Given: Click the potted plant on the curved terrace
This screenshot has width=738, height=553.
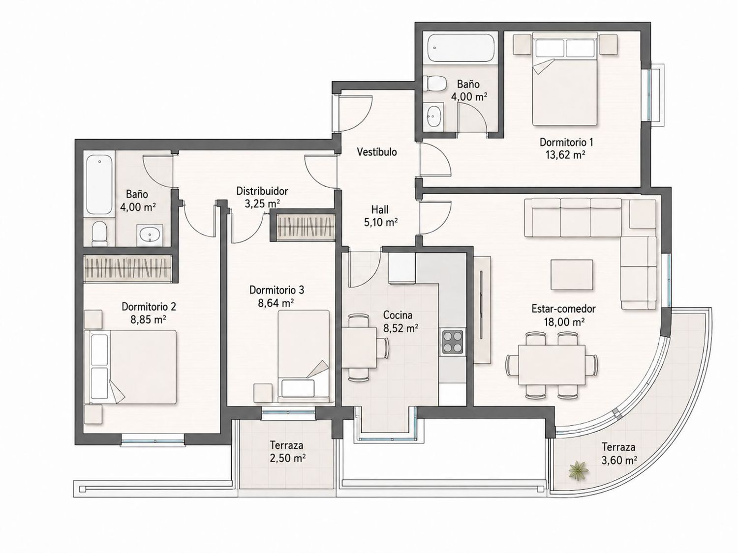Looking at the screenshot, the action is [x=578, y=471].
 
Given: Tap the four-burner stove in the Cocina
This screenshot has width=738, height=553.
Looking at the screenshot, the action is [x=453, y=342].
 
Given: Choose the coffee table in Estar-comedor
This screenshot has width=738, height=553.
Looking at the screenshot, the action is [x=572, y=275].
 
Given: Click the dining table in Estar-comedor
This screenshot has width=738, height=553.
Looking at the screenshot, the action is [x=552, y=365].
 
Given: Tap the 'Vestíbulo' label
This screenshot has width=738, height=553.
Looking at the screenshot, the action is [x=376, y=152].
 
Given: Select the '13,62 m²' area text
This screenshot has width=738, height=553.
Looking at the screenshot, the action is [x=566, y=155].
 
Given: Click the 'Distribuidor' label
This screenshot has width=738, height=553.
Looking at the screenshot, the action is [x=262, y=191].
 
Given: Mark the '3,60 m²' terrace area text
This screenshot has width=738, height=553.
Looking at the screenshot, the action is [x=619, y=460].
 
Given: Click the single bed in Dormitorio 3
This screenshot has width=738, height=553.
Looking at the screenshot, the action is [x=304, y=355].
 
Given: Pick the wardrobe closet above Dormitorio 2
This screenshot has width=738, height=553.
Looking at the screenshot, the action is [x=128, y=268].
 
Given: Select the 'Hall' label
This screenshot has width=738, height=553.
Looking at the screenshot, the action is [x=380, y=210].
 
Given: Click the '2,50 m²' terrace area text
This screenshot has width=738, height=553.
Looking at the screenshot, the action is [x=287, y=458].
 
